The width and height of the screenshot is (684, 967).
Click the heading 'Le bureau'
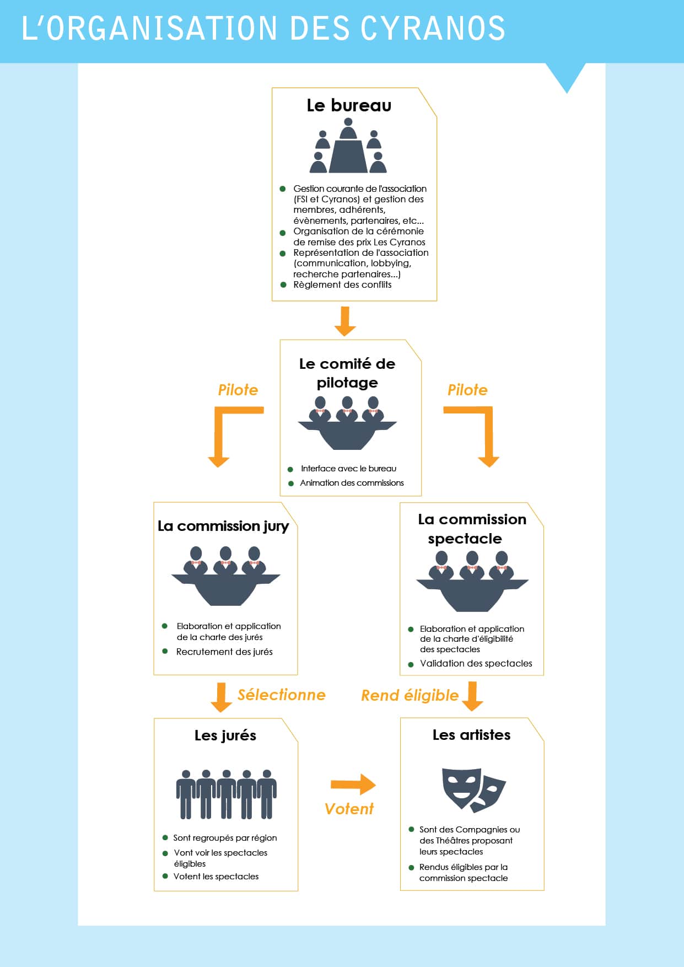pos(349,105)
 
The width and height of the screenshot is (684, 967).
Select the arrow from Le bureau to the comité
pos(345,321)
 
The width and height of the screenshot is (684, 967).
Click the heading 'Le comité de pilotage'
pos(347,373)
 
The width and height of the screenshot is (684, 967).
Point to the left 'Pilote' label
pos(238,390)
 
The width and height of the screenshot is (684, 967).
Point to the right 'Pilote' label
pos(467,390)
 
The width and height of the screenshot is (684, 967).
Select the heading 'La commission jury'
pos(223,526)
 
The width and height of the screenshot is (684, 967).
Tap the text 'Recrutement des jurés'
pos(224,652)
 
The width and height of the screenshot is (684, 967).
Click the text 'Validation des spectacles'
pos(476,663)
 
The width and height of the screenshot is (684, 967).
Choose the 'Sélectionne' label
pos(281,695)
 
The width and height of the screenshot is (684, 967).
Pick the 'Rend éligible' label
pos(410,696)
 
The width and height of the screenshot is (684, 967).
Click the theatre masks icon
pos(473,789)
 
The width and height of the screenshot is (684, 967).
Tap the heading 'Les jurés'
pos(225,735)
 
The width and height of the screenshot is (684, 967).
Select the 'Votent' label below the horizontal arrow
pos(349,809)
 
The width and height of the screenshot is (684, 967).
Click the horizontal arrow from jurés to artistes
pos(353,784)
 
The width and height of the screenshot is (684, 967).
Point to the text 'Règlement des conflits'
pos(342,284)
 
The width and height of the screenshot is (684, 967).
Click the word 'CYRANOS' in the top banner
pos(433,29)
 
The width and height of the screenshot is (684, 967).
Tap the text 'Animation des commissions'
pos(352,483)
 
